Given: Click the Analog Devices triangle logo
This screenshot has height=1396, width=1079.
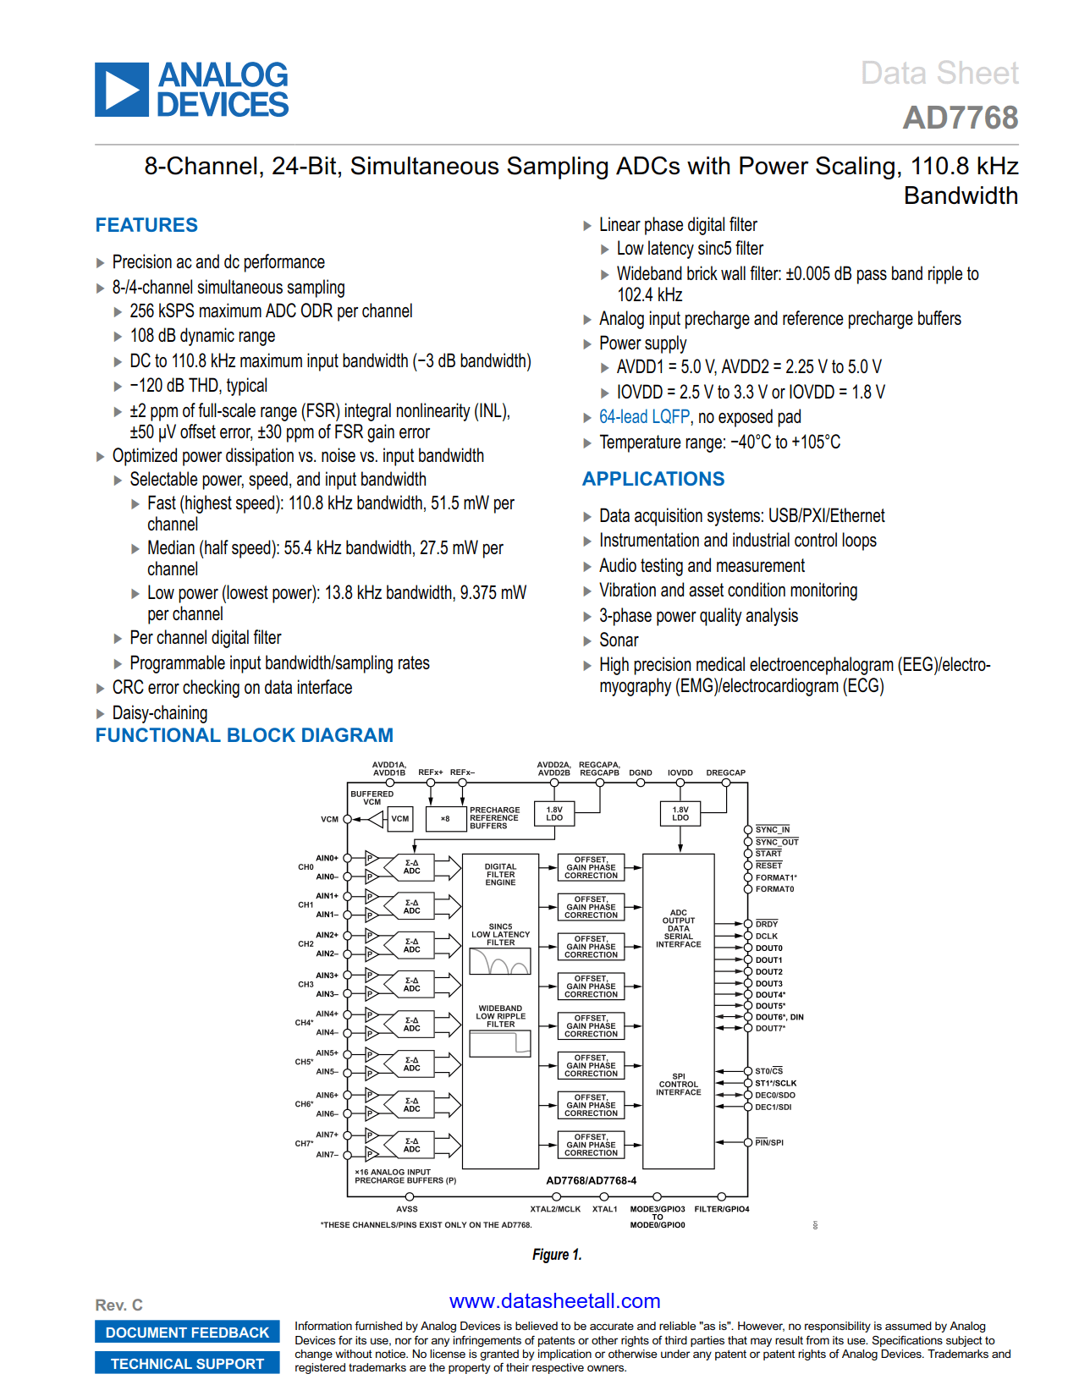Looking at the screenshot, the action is pyautogui.click(x=122, y=90).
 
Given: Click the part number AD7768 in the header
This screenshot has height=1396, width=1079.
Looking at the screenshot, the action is pyautogui.click(x=960, y=118).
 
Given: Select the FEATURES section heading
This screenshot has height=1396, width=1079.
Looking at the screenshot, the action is pyautogui.click(x=146, y=225).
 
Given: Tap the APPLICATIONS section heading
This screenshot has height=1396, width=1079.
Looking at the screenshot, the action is pyautogui.click(x=653, y=479).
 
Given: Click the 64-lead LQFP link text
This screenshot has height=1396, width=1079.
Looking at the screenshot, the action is pyautogui.click(x=644, y=417).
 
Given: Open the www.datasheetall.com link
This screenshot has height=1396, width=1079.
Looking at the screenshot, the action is pyautogui.click(x=554, y=1301).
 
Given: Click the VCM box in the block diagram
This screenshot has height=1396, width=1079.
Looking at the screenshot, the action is pyautogui.click(x=399, y=818).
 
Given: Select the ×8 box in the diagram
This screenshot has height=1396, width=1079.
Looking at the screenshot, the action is pyautogui.click(x=445, y=818).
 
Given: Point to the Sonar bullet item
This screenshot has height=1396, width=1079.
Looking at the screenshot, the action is pyautogui.click(x=619, y=640).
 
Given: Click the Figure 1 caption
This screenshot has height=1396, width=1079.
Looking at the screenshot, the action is pyautogui.click(x=557, y=1255).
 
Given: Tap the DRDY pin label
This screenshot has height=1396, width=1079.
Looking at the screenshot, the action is pyautogui.click(x=766, y=924).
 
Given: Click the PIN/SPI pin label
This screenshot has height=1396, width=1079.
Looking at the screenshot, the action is pyautogui.click(x=768, y=1142).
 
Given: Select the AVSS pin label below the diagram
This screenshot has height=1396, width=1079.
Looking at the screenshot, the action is pyautogui.click(x=407, y=1208).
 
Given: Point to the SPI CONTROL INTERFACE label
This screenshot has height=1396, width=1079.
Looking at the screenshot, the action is pyautogui.click(x=678, y=1085).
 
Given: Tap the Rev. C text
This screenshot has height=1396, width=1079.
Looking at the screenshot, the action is pyautogui.click(x=118, y=1305).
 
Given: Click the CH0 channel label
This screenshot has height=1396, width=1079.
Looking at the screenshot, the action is pyautogui.click(x=306, y=866).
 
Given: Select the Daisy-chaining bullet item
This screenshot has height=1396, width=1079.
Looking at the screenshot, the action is pyautogui.click(x=160, y=712).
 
